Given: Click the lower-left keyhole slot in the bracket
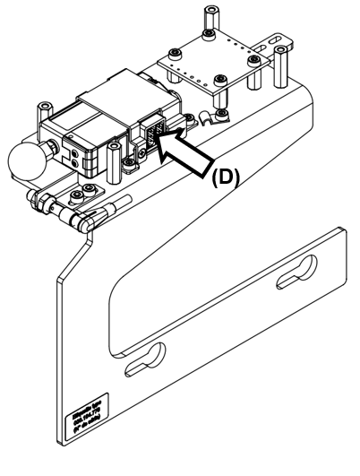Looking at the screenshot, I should [146, 357].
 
